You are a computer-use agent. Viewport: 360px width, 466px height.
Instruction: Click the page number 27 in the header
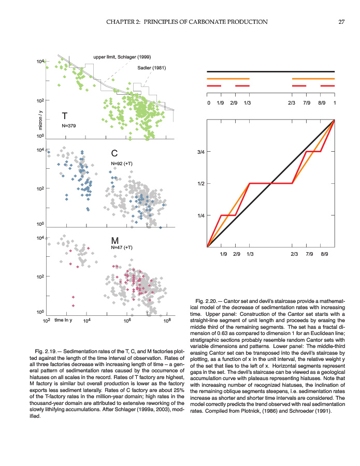point(341,22)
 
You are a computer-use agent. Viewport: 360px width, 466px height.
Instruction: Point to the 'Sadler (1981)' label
point(151,68)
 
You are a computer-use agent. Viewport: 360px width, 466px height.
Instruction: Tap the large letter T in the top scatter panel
point(64,115)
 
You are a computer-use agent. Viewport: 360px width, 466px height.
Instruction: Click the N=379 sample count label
point(69,125)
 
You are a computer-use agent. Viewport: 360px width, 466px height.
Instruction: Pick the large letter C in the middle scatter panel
point(115,153)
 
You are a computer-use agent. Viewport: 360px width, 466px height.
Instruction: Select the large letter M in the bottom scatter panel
point(115,241)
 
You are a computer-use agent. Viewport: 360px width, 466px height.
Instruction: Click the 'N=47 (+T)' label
point(122,248)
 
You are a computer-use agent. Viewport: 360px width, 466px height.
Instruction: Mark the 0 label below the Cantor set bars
point(208,103)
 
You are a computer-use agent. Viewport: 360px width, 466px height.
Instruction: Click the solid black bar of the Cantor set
point(270,71)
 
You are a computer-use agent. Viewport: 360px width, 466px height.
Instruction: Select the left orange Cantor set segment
point(228,79)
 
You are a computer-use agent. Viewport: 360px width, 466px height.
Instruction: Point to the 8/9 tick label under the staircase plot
point(324,254)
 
